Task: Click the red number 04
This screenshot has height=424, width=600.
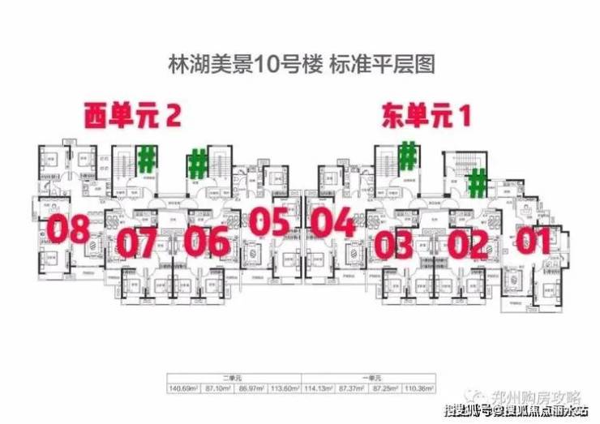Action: coord(332,222)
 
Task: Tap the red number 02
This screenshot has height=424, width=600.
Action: coord(469,242)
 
